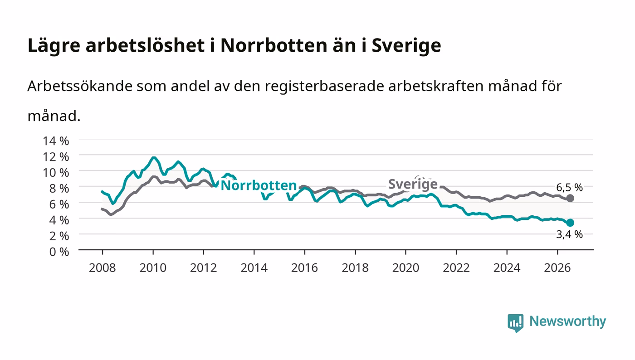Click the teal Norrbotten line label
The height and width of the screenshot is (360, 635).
(259, 185)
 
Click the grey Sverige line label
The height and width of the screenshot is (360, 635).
(413, 184)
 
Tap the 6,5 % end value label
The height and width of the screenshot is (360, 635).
(569, 187)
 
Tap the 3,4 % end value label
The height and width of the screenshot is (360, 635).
(569, 234)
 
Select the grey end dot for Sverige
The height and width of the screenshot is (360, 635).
(570, 199)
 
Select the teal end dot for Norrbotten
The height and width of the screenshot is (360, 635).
(570, 223)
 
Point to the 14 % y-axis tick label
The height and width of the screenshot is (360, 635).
(56, 141)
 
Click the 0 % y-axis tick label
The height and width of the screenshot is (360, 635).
(59, 252)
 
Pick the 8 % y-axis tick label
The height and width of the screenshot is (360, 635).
(59, 189)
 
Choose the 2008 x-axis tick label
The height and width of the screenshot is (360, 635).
(103, 268)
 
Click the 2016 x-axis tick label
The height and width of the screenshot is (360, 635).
(304, 268)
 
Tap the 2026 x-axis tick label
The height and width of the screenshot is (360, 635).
(557, 268)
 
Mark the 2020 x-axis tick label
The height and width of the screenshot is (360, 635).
(405, 268)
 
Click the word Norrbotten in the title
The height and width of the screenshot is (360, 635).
(274, 45)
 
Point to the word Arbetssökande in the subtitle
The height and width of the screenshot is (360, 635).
(80, 86)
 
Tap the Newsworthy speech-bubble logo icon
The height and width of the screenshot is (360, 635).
(515, 323)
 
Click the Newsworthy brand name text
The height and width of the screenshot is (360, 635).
(567, 322)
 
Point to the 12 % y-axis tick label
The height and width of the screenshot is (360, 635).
(56, 157)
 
